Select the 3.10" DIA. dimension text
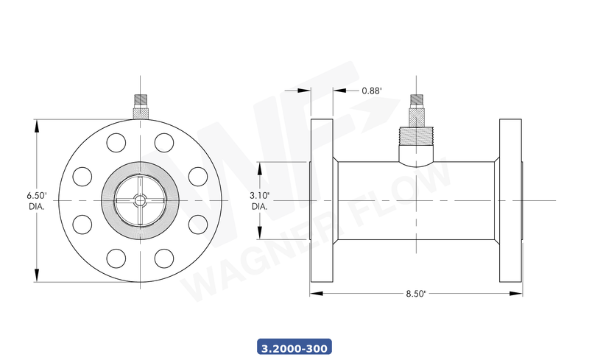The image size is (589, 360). point(260,200)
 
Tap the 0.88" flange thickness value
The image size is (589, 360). point(372,91)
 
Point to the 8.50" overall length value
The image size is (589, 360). point(416,293)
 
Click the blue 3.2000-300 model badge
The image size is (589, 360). point(294,346)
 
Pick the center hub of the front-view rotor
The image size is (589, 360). point(139,200)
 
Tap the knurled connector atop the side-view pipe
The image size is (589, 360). point(417,110)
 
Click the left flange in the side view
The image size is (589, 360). point(321,200)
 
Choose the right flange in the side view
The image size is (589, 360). point(511,200)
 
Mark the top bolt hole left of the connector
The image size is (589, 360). point(116,142)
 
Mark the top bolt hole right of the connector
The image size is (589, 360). point(163,142)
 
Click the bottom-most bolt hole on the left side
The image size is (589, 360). point(116,258)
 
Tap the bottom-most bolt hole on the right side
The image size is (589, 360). point(163,258)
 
